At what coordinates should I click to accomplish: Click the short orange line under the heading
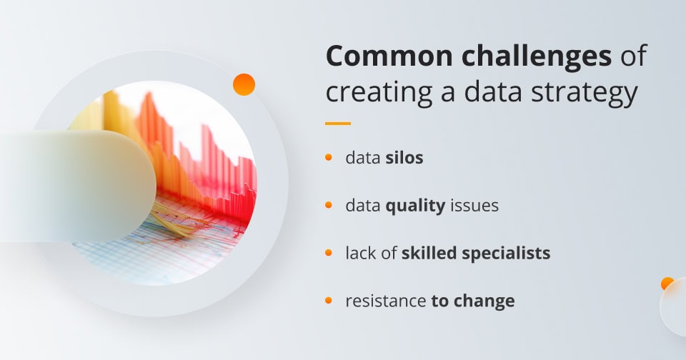(x=338, y=124)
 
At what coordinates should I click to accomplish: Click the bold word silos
(x=404, y=158)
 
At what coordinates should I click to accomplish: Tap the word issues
(x=474, y=206)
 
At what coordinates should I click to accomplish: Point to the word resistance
(x=386, y=301)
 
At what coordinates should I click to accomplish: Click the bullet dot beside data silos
(x=329, y=157)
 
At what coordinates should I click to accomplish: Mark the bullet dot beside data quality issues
(x=329, y=205)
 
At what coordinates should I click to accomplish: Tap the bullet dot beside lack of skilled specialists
(x=329, y=253)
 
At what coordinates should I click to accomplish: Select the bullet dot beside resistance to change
(x=329, y=301)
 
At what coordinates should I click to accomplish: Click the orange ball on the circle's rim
(x=244, y=84)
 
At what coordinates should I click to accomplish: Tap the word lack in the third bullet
(x=359, y=253)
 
